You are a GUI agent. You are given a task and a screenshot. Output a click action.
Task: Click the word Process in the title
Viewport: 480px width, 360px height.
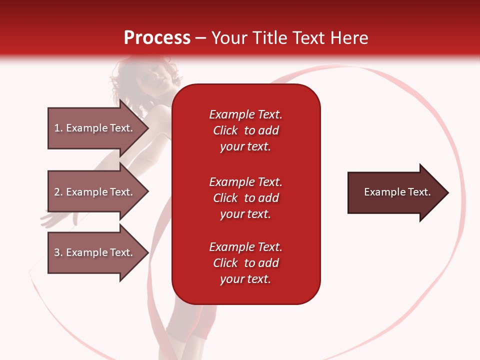(157, 38)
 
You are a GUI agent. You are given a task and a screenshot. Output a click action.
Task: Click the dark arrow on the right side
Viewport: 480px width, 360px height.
(395, 192)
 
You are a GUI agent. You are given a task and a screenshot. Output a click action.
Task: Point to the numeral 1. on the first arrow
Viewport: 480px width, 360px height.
(58, 128)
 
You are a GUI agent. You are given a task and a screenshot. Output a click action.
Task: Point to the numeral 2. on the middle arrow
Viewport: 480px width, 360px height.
(58, 192)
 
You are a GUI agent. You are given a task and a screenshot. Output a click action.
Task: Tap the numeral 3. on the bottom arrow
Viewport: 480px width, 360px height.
(58, 252)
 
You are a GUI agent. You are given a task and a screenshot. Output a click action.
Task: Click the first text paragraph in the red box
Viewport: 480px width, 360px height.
(245, 130)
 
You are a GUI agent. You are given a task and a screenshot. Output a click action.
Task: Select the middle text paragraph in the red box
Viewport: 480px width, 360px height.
(245, 198)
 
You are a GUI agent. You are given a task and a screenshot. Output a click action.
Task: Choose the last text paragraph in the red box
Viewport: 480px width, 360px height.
(245, 263)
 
